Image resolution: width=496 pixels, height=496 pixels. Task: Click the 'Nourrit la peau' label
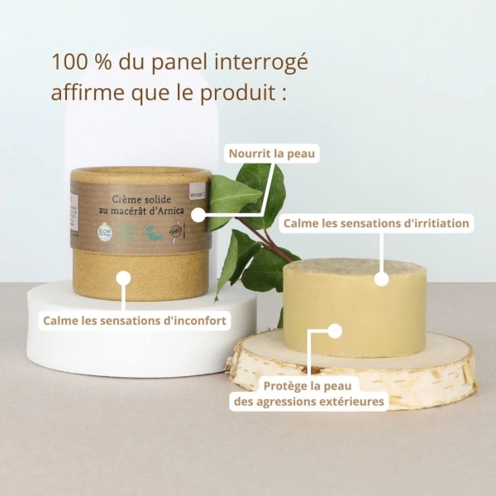point(272,153)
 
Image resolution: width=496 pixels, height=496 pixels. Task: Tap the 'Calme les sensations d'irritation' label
point(376,223)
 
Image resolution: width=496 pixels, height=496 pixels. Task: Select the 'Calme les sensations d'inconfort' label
point(135,319)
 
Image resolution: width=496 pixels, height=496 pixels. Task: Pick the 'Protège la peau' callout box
point(323,393)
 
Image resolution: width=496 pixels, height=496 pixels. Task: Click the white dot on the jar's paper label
point(198,214)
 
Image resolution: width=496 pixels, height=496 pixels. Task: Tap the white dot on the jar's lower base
point(123,279)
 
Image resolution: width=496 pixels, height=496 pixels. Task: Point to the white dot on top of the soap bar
point(381,279)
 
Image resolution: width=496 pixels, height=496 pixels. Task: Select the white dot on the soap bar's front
point(334,331)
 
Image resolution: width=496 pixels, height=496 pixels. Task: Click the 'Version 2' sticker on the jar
point(196,193)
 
